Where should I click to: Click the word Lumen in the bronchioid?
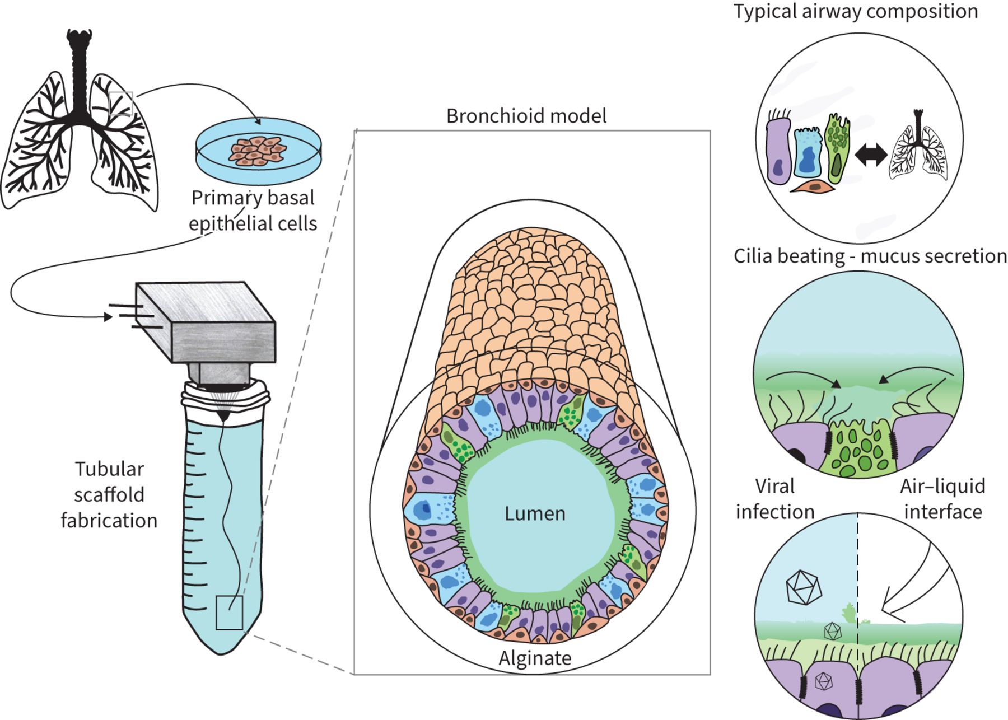(x=535, y=513)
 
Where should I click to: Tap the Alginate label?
(x=535, y=658)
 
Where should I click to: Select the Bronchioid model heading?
(x=526, y=116)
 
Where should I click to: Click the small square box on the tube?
(x=229, y=613)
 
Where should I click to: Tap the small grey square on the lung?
(x=120, y=104)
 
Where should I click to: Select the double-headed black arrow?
(x=871, y=155)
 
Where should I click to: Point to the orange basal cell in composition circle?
(x=813, y=188)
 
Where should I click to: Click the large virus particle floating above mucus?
(x=804, y=587)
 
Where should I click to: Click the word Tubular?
(x=109, y=469)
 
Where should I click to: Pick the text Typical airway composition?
(x=856, y=11)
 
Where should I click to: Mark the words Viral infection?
(x=775, y=498)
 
